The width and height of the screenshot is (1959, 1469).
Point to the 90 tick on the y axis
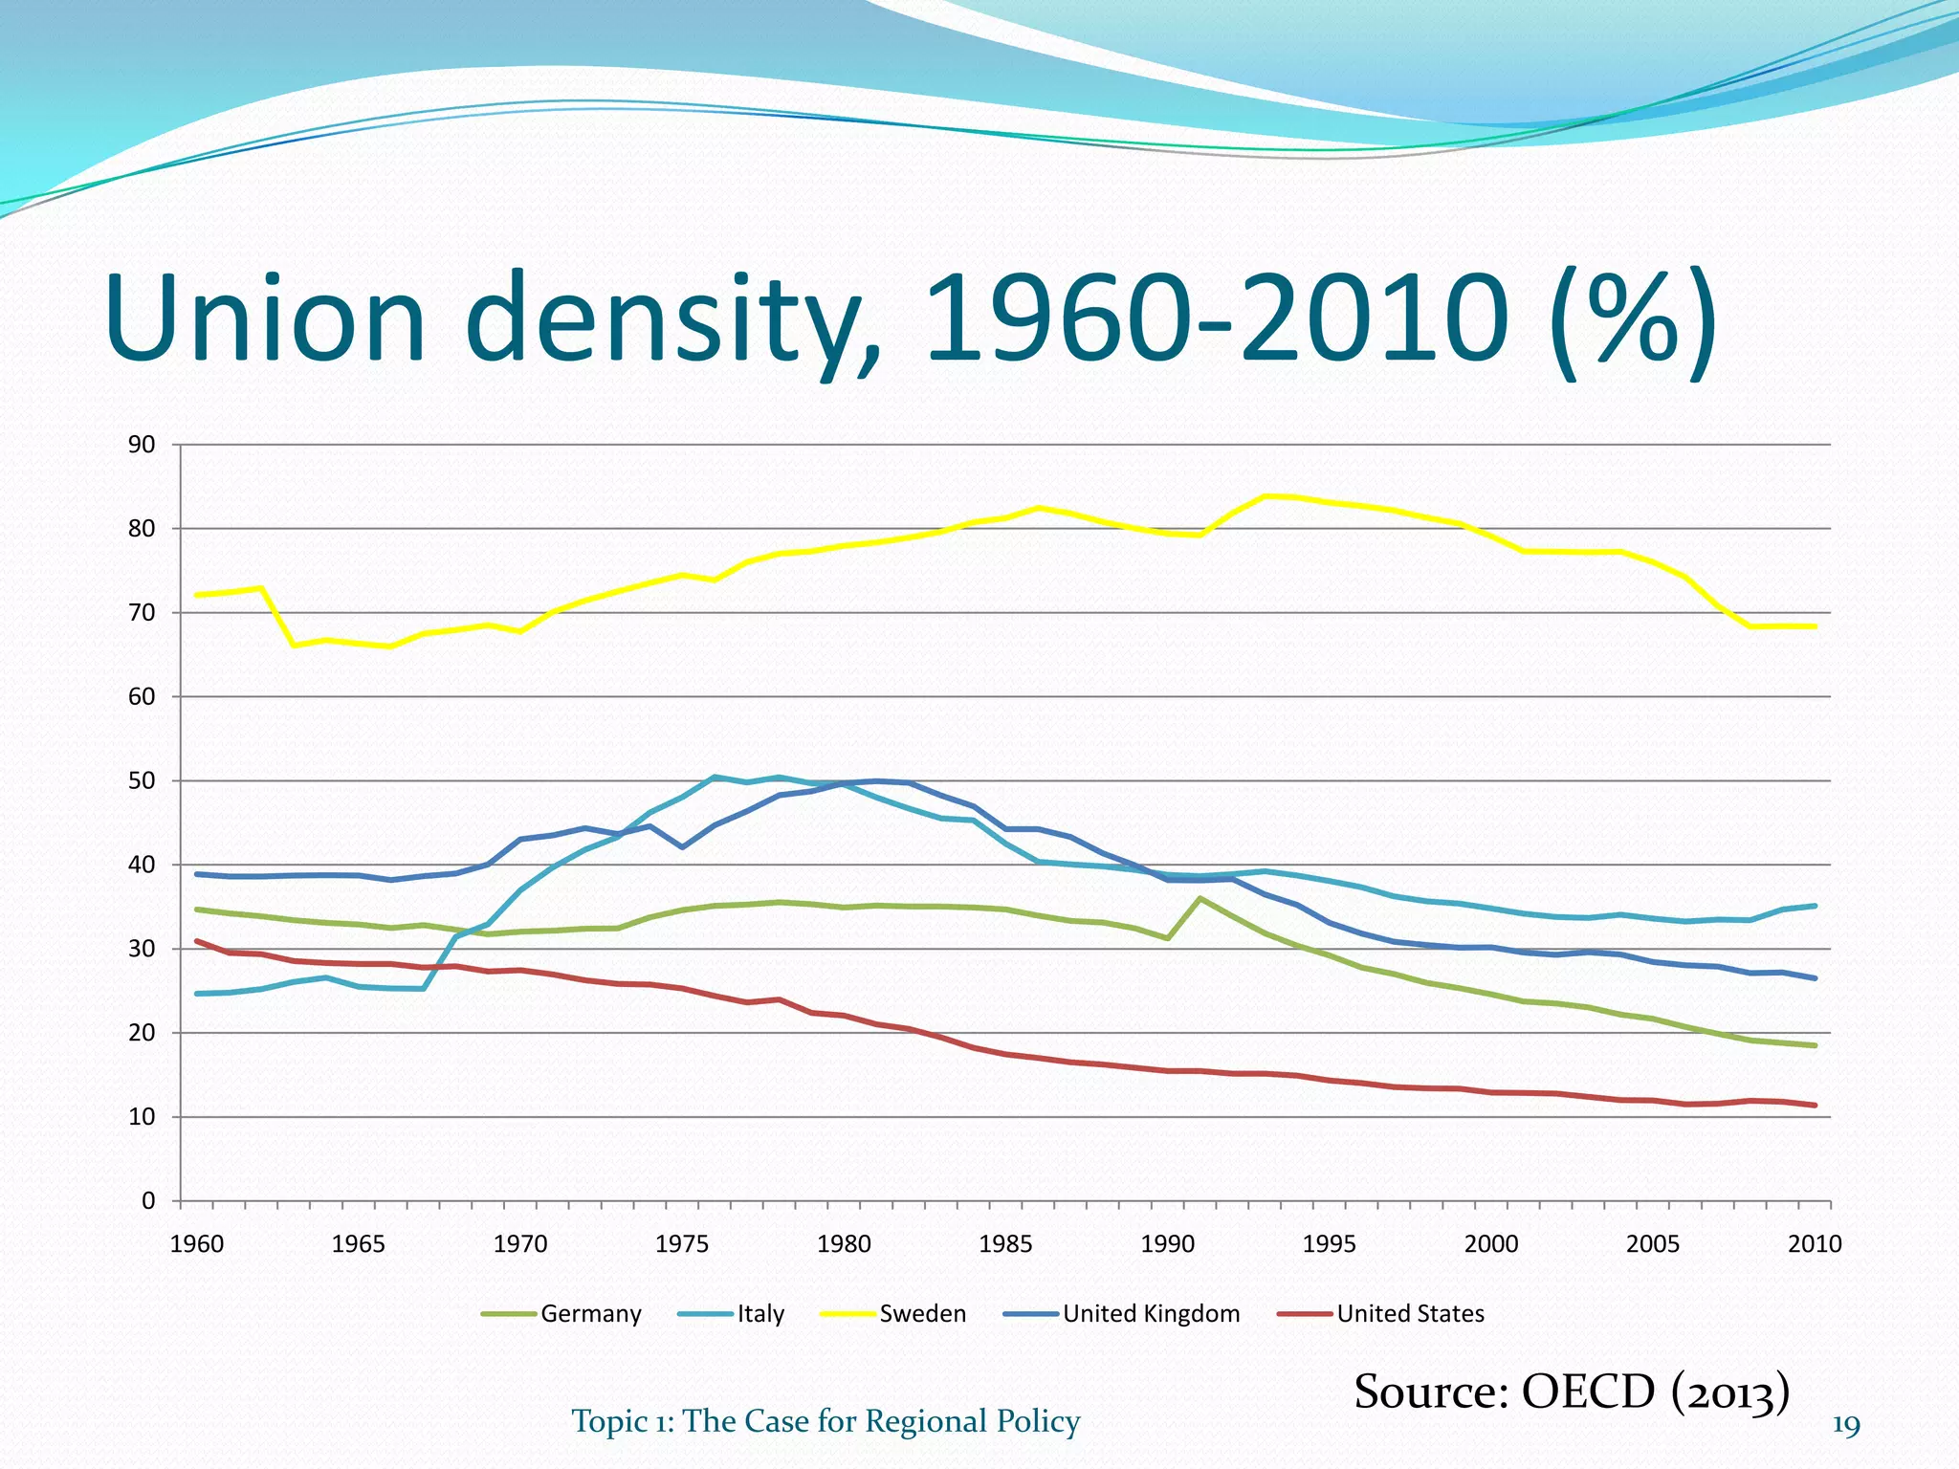(x=142, y=445)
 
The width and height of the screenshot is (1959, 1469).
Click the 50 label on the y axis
(x=142, y=781)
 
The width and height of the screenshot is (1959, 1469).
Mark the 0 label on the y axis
(x=148, y=1201)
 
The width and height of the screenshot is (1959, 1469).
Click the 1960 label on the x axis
(x=196, y=1244)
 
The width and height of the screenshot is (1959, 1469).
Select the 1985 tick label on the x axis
(x=1005, y=1244)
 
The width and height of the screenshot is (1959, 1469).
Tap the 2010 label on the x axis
(x=1815, y=1244)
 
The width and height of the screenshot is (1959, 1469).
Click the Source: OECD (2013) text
(x=1572, y=1392)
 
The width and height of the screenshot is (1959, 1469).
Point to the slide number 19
(x=1845, y=1426)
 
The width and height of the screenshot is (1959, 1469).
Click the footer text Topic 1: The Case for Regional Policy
(x=825, y=1421)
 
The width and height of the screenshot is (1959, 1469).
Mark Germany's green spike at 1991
(x=1200, y=898)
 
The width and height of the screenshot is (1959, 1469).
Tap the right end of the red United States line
(x=1815, y=1106)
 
